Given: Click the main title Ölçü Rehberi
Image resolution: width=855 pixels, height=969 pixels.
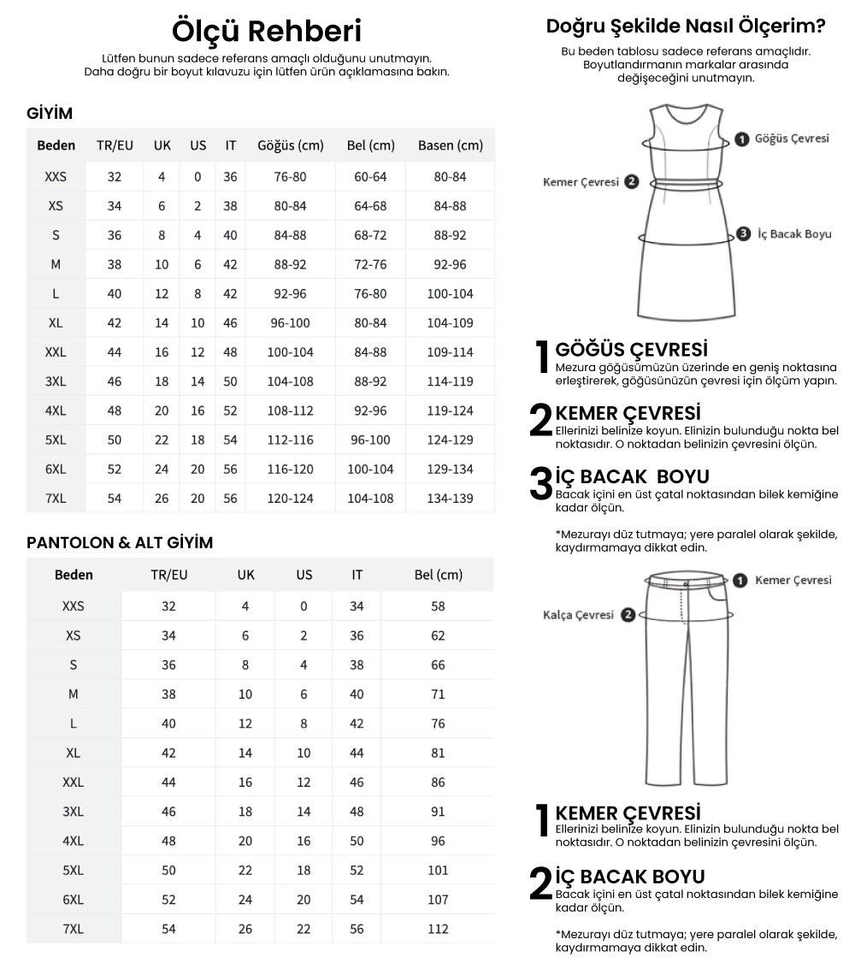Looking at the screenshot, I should [x=267, y=31].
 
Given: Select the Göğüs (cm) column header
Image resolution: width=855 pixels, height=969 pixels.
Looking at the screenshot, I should [x=291, y=145].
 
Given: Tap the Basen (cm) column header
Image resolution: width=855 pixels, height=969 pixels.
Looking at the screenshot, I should [x=450, y=145].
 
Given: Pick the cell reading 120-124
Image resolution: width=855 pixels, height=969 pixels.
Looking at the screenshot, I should [x=291, y=498].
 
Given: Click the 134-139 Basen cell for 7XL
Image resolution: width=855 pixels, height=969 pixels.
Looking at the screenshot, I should [x=450, y=498].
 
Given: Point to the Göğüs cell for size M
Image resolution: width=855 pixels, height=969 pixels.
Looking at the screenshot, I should [x=291, y=264].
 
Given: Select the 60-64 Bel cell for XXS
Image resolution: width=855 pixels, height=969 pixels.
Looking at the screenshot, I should [x=370, y=177].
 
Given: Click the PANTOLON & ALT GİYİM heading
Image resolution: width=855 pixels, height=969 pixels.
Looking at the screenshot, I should [x=120, y=543].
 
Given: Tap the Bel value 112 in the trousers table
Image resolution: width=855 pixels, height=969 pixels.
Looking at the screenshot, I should [x=438, y=929].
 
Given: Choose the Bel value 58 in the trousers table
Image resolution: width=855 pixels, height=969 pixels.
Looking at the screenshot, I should [x=438, y=606].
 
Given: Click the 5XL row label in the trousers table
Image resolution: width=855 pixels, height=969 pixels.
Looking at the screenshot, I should [x=74, y=871].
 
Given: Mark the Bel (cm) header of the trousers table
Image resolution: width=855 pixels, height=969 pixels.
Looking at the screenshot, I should [x=438, y=575].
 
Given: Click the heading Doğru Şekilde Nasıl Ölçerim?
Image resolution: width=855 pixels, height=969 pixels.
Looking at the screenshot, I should [x=686, y=27].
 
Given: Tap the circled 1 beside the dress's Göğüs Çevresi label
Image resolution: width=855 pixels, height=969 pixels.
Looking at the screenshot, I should [x=741, y=139].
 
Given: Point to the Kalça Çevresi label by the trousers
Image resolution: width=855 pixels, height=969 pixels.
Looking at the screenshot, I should [x=578, y=615].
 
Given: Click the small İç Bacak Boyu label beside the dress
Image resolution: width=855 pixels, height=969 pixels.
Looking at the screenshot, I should [x=794, y=234].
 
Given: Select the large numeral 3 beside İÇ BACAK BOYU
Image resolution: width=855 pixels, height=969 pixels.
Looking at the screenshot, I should [x=540, y=484].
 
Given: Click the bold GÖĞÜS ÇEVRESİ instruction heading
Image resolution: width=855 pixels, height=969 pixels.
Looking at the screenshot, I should [x=631, y=350].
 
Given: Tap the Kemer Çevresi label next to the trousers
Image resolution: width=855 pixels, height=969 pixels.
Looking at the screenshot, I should [x=793, y=580].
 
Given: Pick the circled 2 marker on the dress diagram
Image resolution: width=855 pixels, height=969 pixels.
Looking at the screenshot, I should [x=631, y=182].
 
